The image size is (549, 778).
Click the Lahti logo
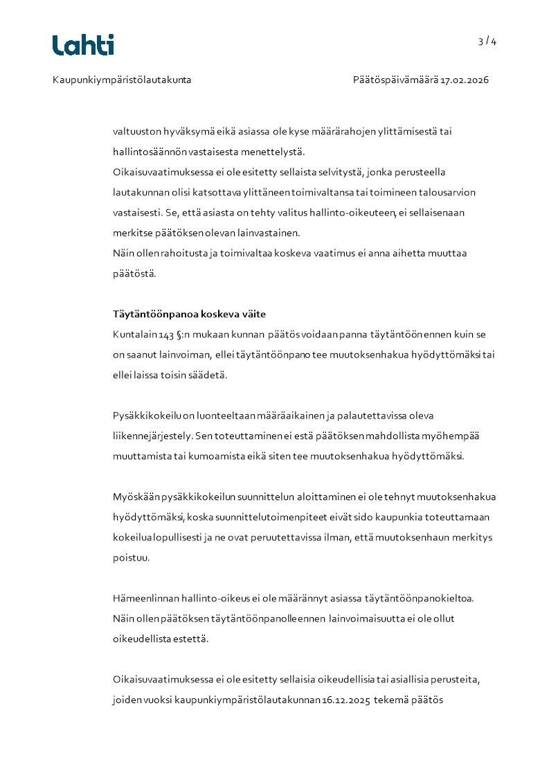[x=83, y=45]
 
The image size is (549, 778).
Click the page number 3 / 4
[x=487, y=42]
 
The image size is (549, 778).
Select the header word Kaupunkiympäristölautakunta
[x=122, y=80]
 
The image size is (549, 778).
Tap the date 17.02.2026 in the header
[x=465, y=80]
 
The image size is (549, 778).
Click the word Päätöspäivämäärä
[x=395, y=80]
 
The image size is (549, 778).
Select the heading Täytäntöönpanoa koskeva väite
[x=189, y=315]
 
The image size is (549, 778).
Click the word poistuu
[x=130, y=558]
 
